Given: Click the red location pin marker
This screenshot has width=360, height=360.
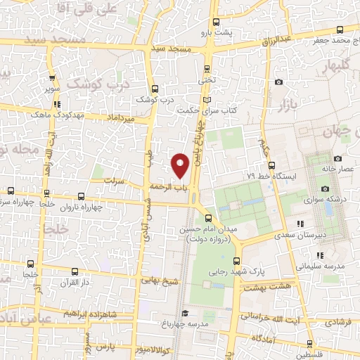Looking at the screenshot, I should (181, 165).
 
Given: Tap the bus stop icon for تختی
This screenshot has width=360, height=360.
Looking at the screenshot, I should (206, 69).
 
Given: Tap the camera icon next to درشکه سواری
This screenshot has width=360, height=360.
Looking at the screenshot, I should (325, 188).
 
